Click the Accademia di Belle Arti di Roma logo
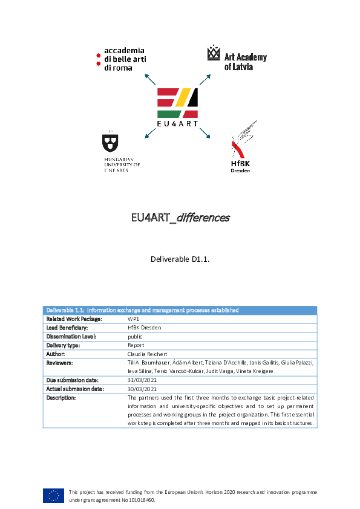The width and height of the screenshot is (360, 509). tap(121, 59)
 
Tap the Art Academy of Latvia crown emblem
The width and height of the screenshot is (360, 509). tap(214, 53)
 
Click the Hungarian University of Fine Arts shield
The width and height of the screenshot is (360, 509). tap(110, 143)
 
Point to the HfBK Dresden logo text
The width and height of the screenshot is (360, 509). tap(240, 167)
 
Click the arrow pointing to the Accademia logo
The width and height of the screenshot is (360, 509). tap(150, 80)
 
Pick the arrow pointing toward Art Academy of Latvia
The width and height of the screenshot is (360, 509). tap(205, 80)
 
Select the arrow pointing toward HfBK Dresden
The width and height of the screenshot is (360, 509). tap(205, 133)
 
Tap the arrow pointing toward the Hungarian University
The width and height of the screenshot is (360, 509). tap(150, 133)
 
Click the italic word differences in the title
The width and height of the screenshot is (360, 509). tap(203, 218)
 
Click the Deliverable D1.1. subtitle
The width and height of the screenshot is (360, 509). tap(180, 259)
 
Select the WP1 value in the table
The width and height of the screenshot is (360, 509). tap(133, 319)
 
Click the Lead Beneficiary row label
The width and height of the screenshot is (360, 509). tap(67, 328)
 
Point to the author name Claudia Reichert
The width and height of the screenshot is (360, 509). tap(147, 354)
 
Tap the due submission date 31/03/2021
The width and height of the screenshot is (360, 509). tap(142, 380)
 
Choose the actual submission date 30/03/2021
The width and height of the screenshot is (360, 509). tap(142, 389)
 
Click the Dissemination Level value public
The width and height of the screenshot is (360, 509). tap(135, 337)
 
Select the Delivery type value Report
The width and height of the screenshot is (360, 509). tap(136, 345)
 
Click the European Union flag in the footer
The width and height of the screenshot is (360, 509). tap(53, 496)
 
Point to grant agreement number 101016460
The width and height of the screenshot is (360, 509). tap(142, 500)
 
